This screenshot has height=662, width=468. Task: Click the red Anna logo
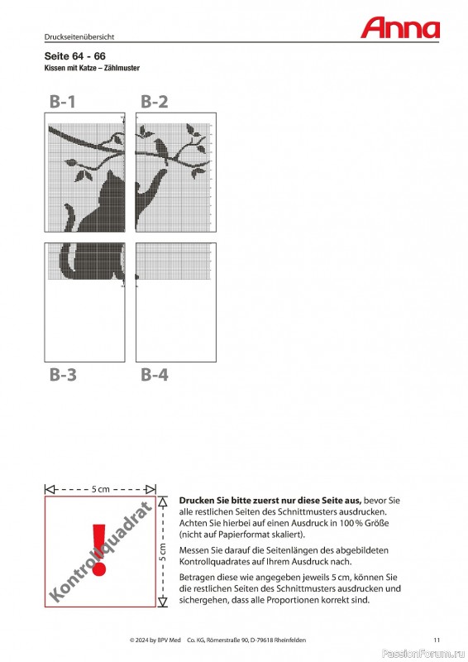400,28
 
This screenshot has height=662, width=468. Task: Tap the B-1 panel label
63,102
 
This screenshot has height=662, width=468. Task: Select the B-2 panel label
154,102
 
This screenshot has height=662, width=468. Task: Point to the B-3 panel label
63,375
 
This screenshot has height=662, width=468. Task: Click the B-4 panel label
155,375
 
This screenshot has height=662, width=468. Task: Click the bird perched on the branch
160,147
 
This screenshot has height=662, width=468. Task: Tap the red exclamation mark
99,549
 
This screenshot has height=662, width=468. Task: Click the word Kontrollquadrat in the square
100,551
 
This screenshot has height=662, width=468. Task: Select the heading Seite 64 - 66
74,56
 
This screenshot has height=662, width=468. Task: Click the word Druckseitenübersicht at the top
79,36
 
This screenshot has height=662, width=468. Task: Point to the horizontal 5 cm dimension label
100,489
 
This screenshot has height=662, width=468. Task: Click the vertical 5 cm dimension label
163,552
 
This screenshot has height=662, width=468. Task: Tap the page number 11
437,640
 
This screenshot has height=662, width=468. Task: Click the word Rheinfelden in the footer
290,640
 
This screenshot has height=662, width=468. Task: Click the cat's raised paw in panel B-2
163,172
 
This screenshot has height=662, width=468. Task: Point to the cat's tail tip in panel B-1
68,207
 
